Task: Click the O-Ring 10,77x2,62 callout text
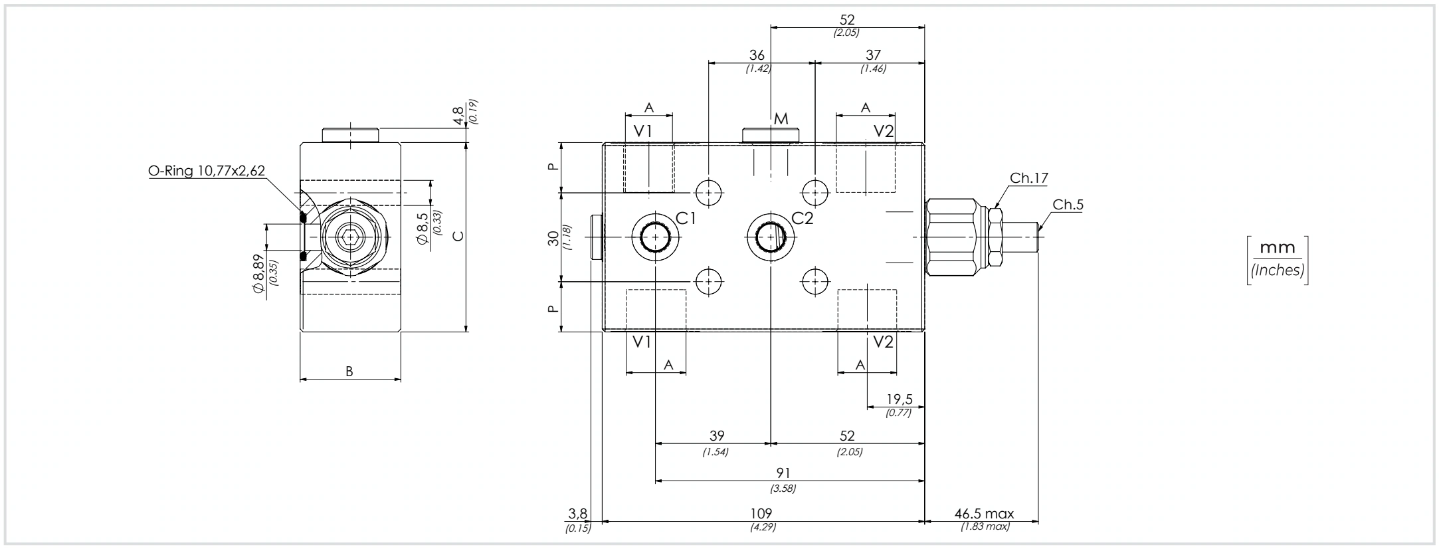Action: point(206,171)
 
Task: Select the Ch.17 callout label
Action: point(1028,177)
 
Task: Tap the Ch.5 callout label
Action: point(1068,205)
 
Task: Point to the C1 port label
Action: point(686,218)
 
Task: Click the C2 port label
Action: point(802,218)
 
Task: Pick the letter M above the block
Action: point(781,119)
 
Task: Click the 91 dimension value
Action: point(783,473)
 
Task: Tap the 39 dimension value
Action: point(716,436)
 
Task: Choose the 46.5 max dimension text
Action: point(984,513)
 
